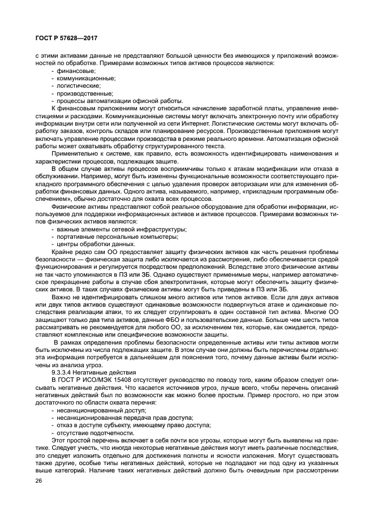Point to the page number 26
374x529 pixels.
pos(38,481)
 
